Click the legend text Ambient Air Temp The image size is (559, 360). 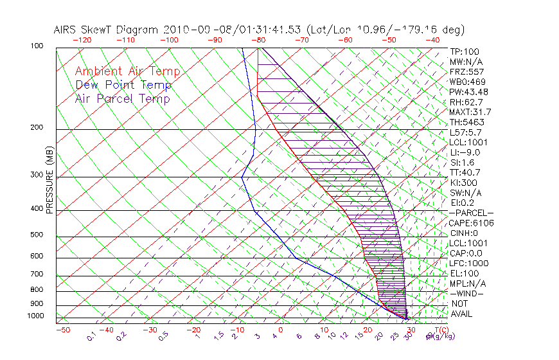click(x=127, y=71)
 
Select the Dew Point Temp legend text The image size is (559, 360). click(x=123, y=85)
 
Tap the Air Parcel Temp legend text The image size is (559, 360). click(x=122, y=98)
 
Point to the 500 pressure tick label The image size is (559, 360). click(x=37, y=235)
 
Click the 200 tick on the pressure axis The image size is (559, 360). click(x=37, y=128)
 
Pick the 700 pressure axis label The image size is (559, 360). click(x=37, y=275)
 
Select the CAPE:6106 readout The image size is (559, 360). click(x=471, y=223)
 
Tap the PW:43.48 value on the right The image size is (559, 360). click(x=468, y=92)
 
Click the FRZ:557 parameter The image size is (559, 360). click(x=466, y=72)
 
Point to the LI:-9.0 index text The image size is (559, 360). click(x=465, y=152)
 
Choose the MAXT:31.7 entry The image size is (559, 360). click(x=470, y=112)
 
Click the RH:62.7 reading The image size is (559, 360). click(x=466, y=102)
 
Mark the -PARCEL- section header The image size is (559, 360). click(x=471, y=213)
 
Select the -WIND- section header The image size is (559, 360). click(x=467, y=293)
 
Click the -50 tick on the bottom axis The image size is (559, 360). click(x=62, y=330)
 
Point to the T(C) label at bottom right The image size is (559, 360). click(x=440, y=329)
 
